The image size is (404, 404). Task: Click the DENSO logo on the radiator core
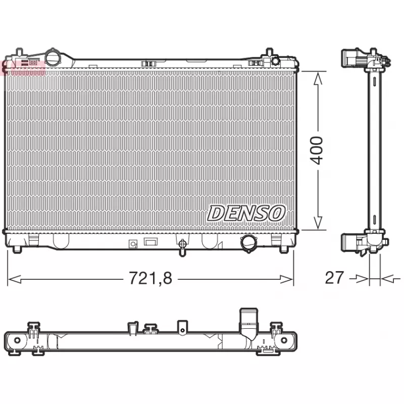(246, 213)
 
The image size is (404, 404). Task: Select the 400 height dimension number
(317, 150)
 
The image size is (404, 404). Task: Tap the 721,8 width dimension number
(150, 278)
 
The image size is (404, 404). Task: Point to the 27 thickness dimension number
(334, 277)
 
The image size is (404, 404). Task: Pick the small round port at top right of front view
(275, 61)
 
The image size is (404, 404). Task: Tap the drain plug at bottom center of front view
(182, 245)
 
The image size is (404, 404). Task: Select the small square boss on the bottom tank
(133, 244)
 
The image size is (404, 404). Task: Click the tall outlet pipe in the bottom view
(247, 323)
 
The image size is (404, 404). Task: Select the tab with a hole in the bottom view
(182, 327)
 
